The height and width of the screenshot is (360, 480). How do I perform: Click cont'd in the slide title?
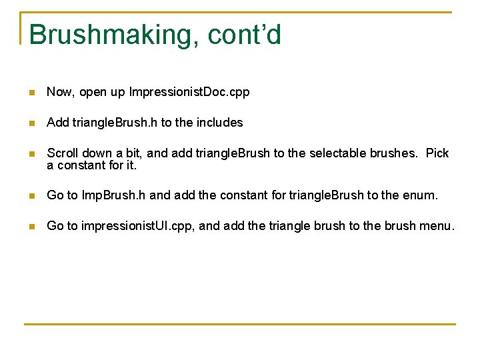point(245,35)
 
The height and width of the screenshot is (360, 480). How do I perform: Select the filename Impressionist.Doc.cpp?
point(189,92)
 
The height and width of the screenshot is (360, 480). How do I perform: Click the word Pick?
point(437,153)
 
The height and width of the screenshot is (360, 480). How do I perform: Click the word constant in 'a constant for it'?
point(79,165)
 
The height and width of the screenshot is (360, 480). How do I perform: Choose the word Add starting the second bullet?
point(58,123)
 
